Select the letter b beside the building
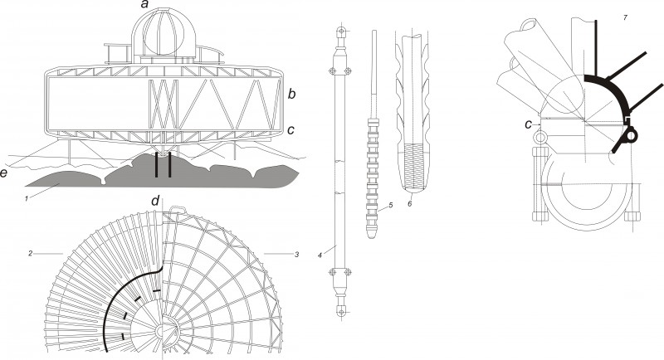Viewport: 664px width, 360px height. click(291, 94)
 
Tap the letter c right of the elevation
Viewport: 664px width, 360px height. click(290, 130)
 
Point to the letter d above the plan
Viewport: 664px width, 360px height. click(156, 201)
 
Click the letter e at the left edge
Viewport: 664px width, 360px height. click(4, 173)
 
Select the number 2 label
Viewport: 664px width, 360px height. click(30, 253)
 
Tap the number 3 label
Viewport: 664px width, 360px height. click(297, 255)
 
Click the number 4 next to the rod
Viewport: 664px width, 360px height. click(320, 255)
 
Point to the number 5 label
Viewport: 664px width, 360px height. click(391, 205)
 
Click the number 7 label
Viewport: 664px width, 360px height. click(625, 17)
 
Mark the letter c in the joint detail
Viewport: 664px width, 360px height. click(528, 124)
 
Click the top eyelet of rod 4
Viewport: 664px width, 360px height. click(341, 32)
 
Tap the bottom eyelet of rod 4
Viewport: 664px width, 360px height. click(341, 311)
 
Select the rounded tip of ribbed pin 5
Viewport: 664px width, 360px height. click(371, 234)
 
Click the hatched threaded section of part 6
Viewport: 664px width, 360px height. click(413, 166)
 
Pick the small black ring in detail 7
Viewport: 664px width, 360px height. click(632, 135)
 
